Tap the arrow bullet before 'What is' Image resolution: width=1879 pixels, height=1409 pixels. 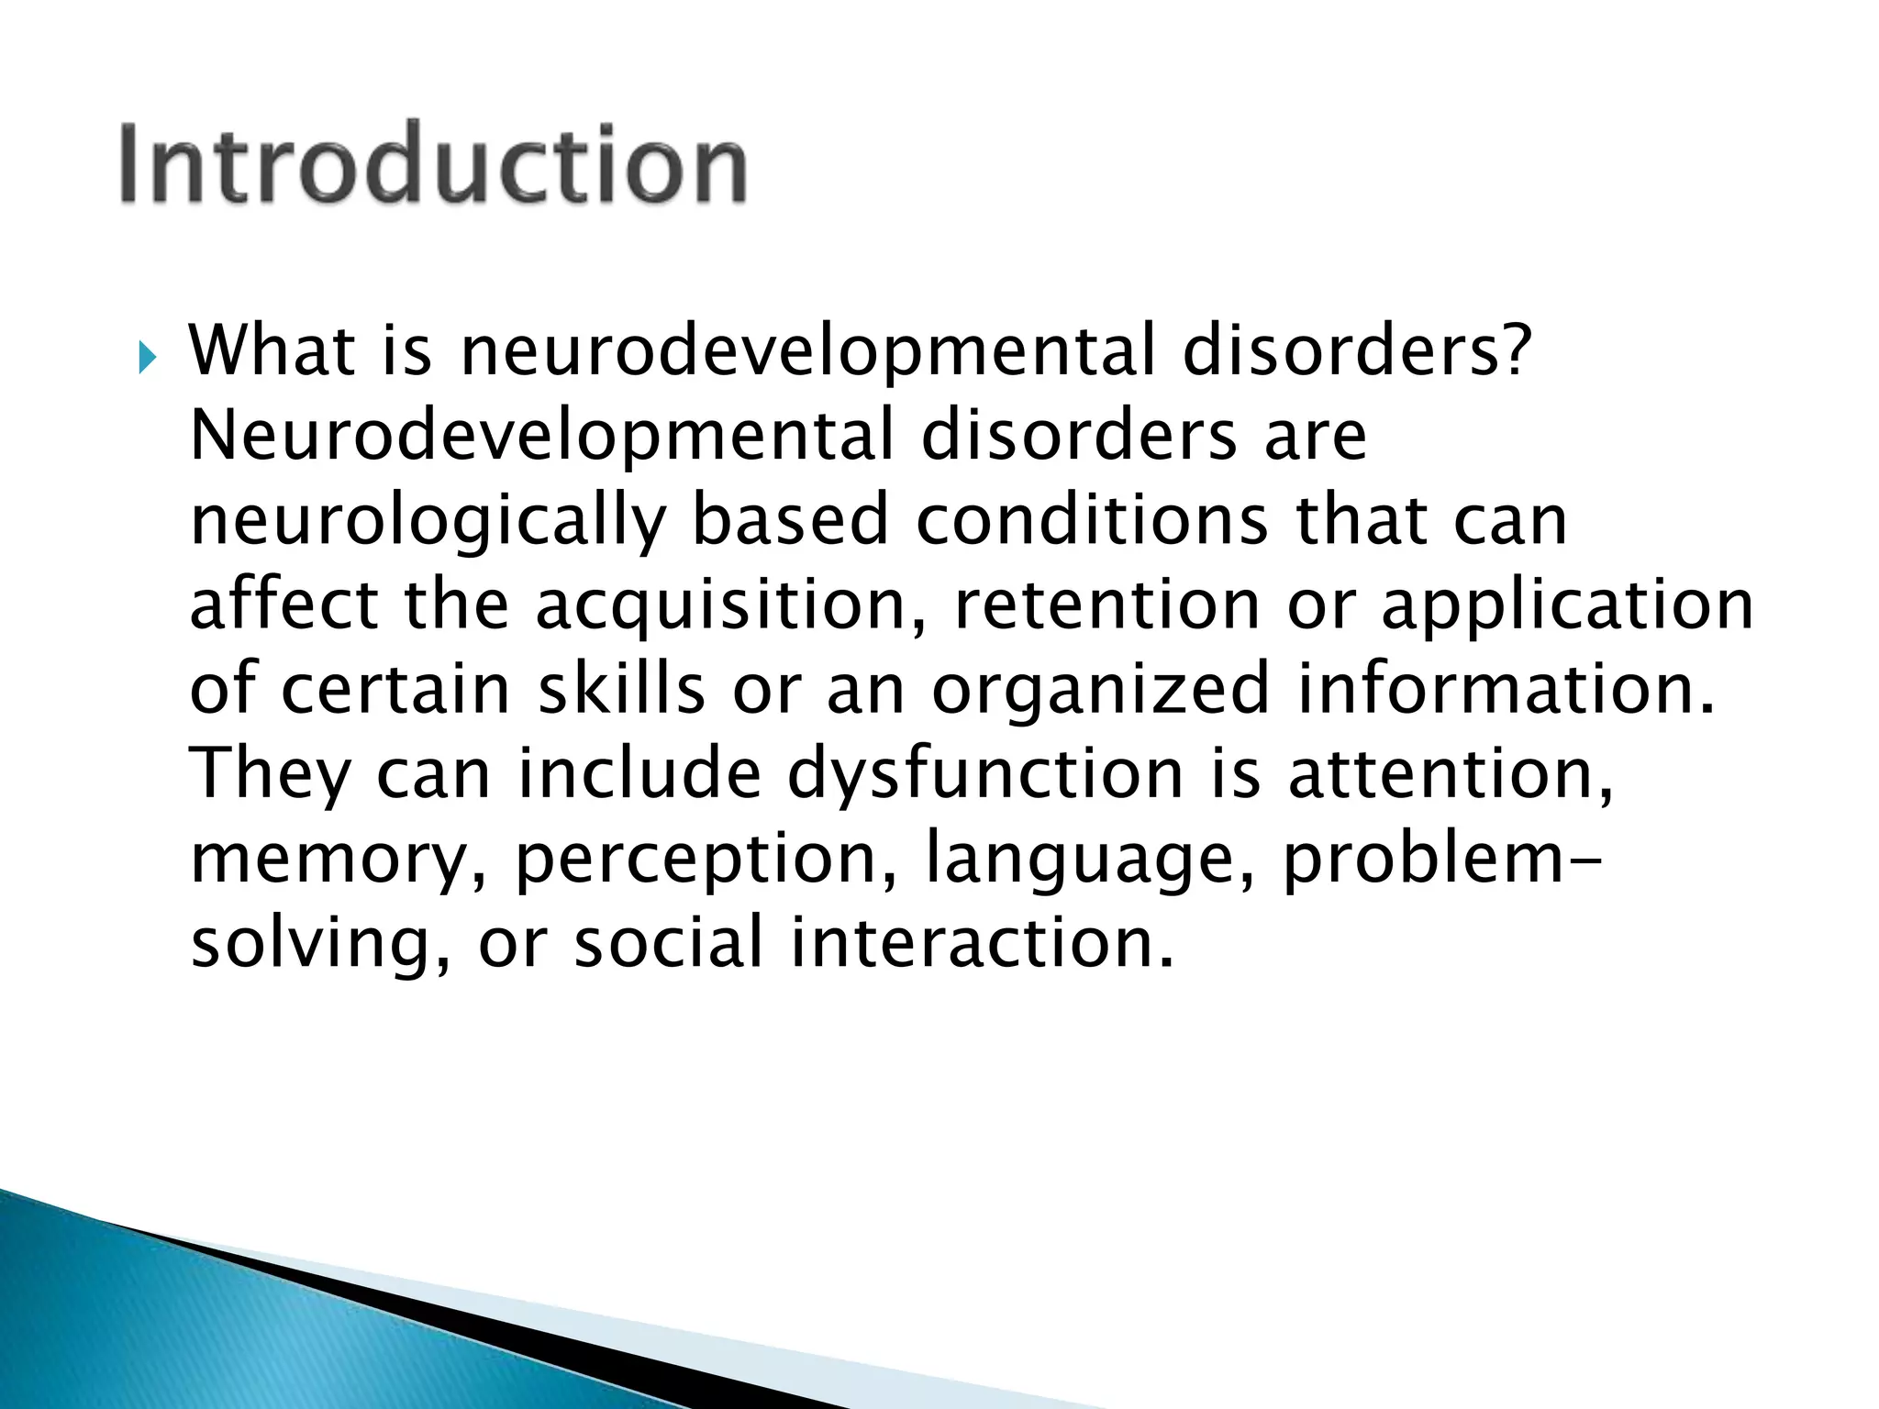pos(146,358)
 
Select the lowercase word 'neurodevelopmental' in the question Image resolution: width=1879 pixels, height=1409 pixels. pos(807,352)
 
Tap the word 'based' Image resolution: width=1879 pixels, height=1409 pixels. pos(790,521)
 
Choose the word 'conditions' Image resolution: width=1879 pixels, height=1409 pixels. pos(1092,521)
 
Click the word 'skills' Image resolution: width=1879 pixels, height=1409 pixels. pos(621,690)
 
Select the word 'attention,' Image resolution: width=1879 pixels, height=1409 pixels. pos(1451,776)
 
